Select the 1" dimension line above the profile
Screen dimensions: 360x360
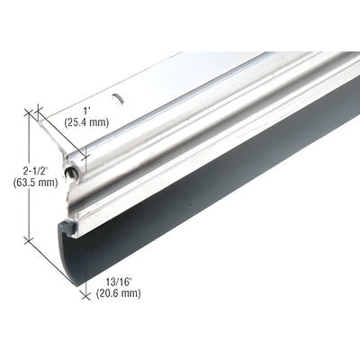click(x=52, y=127)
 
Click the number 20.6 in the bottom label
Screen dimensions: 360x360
click(x=114, y=293)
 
